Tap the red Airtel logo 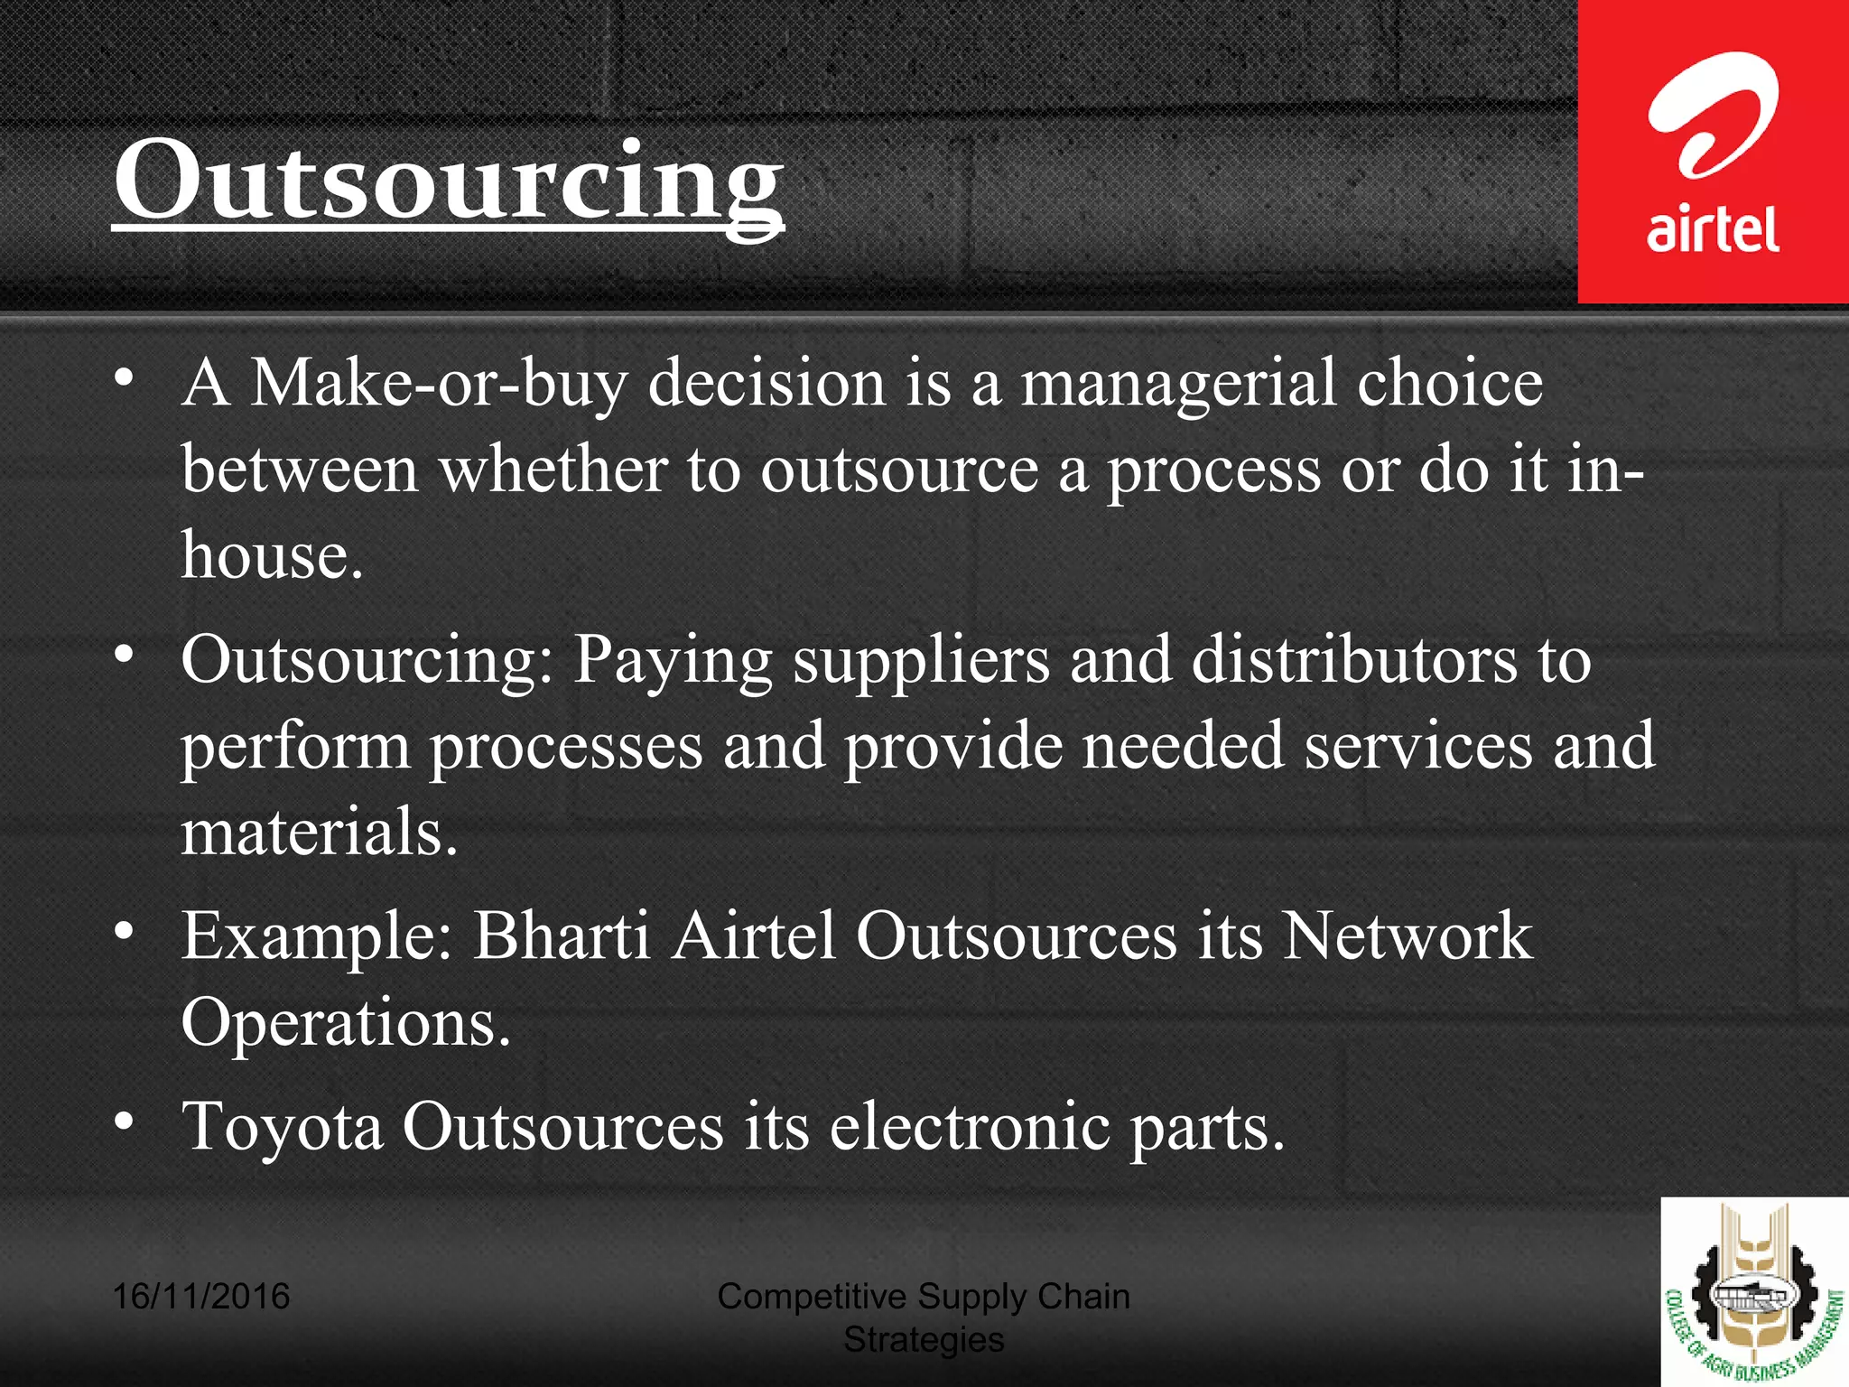coord(1713,152)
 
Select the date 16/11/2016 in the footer coord(200,1297)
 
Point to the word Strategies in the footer coord(923,1340)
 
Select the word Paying coord(673,661)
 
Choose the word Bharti coord(561,936)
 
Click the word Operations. coord(346,1022)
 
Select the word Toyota coord(282,1127)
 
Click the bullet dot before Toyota coord(125,1122)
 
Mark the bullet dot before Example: coord(125,930)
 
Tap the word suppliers coord(921,661)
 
